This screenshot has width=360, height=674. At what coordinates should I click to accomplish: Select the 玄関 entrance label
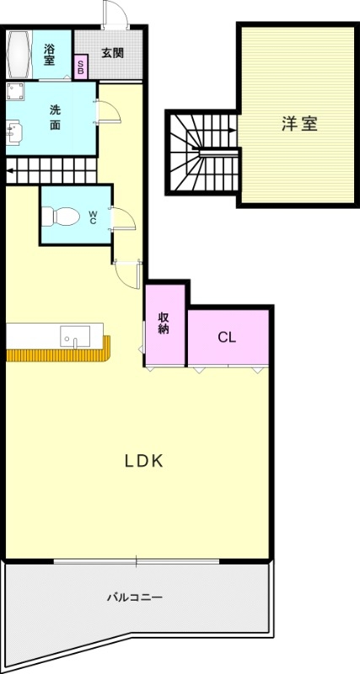[x=112, y=52]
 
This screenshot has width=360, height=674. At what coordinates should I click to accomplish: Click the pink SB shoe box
[x=81, y=68]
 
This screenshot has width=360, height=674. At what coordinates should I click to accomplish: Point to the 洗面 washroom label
[x=55, y=116]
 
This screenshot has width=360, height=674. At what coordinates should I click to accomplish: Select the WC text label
[x=93, y=217]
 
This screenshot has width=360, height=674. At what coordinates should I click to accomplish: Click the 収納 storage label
[x=164, y=324]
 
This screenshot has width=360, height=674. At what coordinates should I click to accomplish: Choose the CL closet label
[x=226, y=337]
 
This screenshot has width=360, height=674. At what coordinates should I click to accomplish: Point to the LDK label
[x=143, y=461]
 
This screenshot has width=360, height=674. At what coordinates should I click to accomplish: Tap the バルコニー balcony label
[x=134, y=597]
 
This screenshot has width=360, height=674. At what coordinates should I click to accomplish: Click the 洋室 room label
[x=298, y=123]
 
